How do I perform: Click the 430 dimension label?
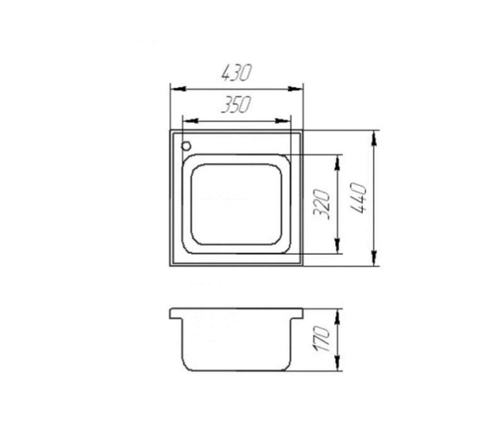[x=237, y=73]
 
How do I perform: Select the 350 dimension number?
[x=236, y=105]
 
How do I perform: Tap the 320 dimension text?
[x=322, y=204]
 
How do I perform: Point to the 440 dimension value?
[x=358, y=198]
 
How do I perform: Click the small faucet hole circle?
[x=186, y=146]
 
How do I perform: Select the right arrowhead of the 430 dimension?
[x=295, y=89]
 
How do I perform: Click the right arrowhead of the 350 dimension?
[x=283, y=121]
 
